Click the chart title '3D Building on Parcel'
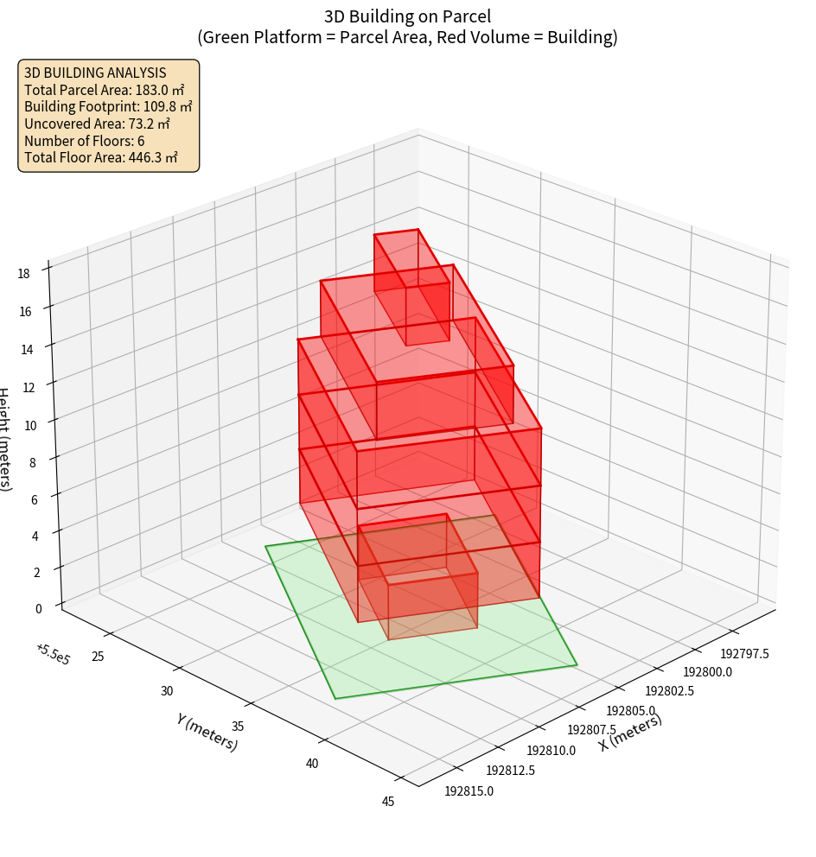[408, 16]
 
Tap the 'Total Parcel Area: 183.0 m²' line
[105, 89]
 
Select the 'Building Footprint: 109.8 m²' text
[108, 106]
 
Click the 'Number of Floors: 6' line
[85, 141]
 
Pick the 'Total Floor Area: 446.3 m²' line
[101, 158]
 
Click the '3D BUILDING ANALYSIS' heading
[95, 73]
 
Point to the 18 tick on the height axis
[23, 274]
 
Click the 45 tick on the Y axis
[388, 802]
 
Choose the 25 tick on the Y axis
[98, 657]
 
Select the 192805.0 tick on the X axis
[630, 710]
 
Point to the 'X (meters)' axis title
[631, 733]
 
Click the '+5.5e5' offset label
[53, 654]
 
